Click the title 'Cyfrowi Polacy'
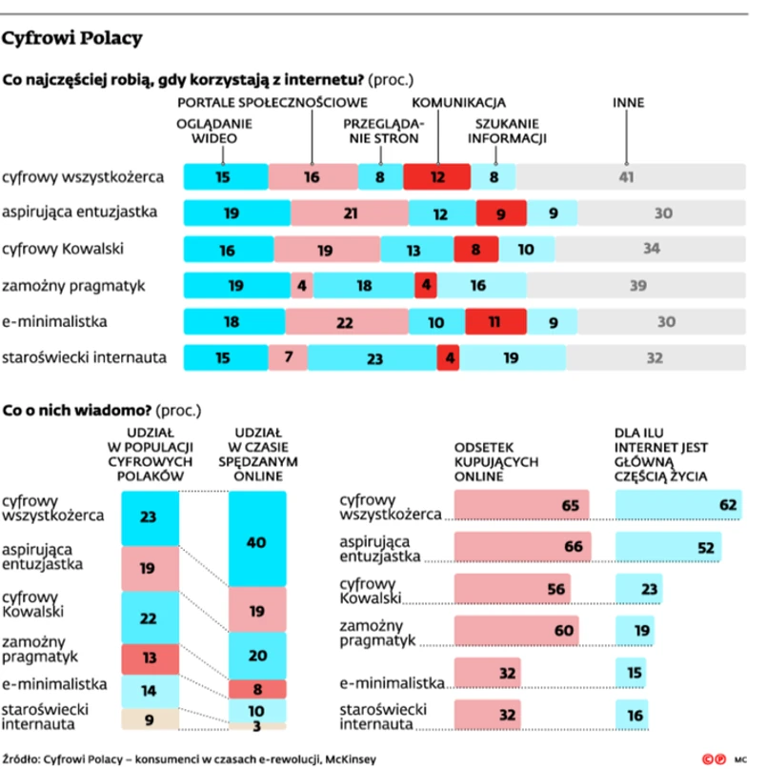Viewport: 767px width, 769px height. coord(72,39)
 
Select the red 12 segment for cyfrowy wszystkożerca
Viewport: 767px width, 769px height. coord(436,176)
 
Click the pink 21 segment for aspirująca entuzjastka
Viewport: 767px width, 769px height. coord(349,212)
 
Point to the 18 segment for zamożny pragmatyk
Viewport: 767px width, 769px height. coord(363,286)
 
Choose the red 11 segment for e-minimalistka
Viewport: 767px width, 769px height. coord(496,322)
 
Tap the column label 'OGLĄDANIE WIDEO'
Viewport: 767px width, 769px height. coord(214,130)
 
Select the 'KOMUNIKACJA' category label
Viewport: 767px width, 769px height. coord(458,102)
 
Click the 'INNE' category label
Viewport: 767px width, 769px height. coord(627,102)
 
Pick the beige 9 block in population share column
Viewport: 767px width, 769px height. coord(150,720)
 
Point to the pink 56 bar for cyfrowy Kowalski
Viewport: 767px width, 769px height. coord(512,589)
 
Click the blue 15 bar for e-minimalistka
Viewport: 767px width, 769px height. coord(633,673)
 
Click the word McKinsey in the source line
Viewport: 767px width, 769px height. coord(350,759)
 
